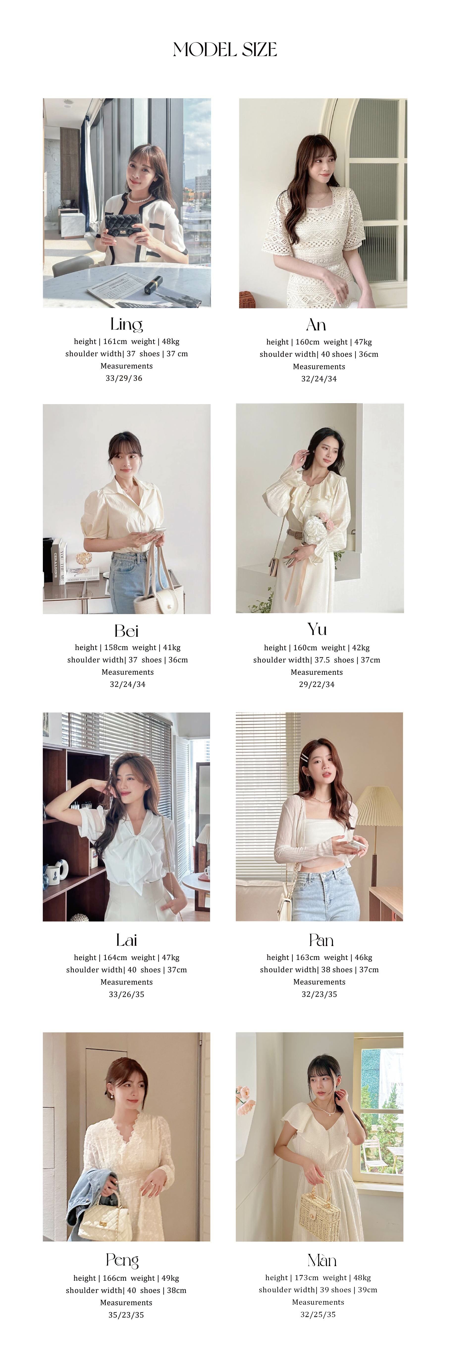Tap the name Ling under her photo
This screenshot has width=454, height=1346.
127,324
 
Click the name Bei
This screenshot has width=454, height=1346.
127,631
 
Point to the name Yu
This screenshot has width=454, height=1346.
317,629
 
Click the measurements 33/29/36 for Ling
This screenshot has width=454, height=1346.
124,378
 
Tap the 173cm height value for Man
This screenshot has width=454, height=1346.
306,1277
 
